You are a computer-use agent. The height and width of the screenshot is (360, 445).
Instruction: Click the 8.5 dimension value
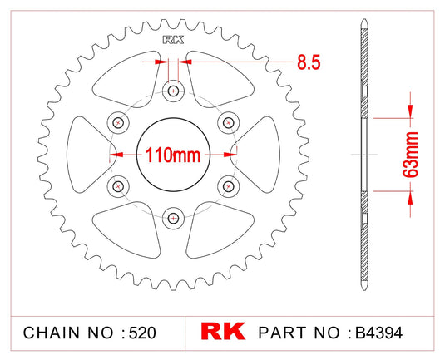pos(307,62)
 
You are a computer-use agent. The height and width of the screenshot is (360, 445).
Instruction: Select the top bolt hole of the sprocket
pos(173,91)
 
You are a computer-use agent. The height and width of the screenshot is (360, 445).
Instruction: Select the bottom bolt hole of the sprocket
pos(173,218)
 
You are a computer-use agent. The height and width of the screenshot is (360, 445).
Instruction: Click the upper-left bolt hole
pos(118,123)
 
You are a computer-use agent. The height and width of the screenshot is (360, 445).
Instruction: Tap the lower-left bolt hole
pos(118,185)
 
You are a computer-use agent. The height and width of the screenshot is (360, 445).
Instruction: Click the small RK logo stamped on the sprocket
pos(173,37)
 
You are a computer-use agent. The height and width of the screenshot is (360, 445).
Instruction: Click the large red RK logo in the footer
pos(222,332)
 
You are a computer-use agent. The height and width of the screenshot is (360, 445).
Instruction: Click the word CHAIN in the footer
pos(50,333)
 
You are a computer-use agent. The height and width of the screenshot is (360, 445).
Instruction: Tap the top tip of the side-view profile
pos(364,19)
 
